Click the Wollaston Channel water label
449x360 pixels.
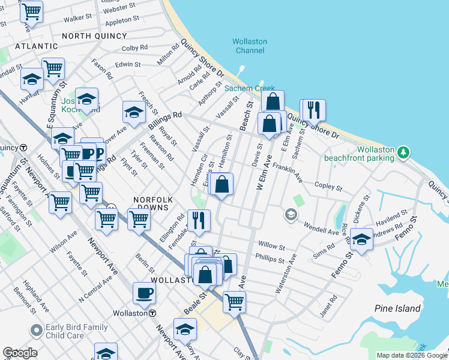[249, 46]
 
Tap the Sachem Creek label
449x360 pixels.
[249, 88]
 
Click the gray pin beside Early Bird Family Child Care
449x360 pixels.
[37, 331]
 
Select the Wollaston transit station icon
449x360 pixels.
[152, 313]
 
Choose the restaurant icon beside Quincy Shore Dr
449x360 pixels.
[314, 110]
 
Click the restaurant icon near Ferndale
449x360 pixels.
[199, 220]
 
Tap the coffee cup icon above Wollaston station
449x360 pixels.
[144, 293]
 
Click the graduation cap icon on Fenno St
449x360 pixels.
[361, 239]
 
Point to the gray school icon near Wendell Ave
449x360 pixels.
[291, 215]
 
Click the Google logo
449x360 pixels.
[20, 353]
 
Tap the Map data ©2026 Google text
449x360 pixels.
[411, 355]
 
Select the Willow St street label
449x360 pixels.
[271, 245]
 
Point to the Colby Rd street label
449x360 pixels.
[134, 48]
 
